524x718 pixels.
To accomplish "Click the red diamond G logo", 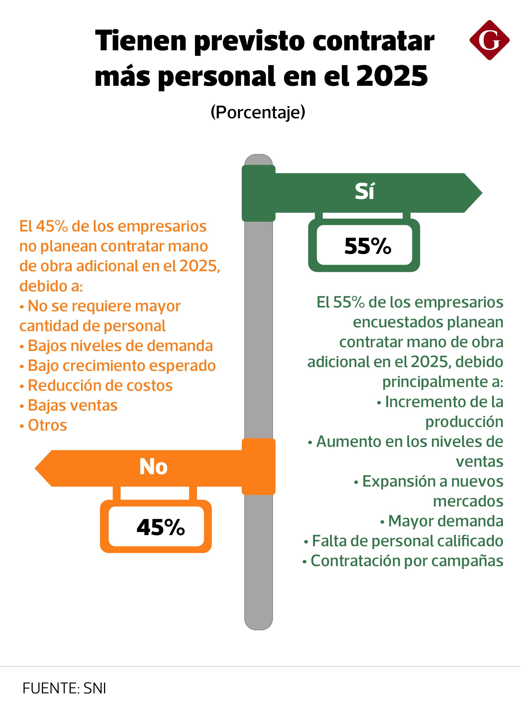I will pos(492,40).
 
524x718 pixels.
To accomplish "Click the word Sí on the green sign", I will pos(367,193).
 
